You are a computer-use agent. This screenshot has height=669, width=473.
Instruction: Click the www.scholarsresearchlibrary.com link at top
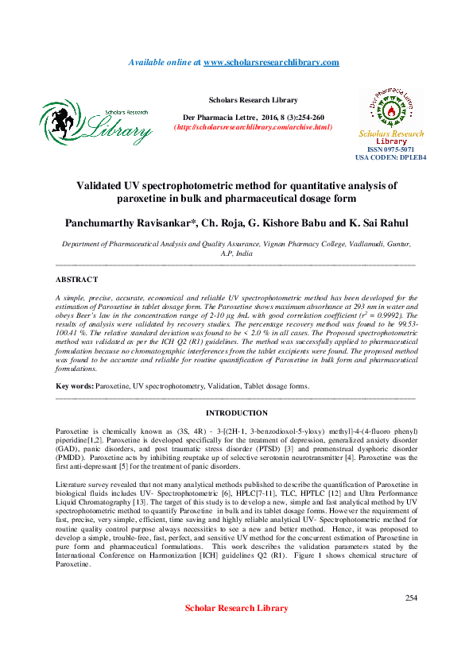click(x=271, y=62)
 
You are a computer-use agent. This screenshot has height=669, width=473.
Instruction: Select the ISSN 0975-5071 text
click(x=391, y=149)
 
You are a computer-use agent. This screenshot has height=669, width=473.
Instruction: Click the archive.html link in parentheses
click(x=253, y=127)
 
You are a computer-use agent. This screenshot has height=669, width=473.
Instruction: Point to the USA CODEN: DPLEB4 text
click(x=391, y=158)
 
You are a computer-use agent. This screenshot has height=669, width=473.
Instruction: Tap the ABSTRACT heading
click(x=77, y=280)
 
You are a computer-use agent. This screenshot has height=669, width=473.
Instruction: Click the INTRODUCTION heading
click(x=236, y=413)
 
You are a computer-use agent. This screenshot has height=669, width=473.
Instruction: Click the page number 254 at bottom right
click(x=411, y=597)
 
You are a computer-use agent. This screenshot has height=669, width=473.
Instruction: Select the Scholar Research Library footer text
click(x=236, y=608)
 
